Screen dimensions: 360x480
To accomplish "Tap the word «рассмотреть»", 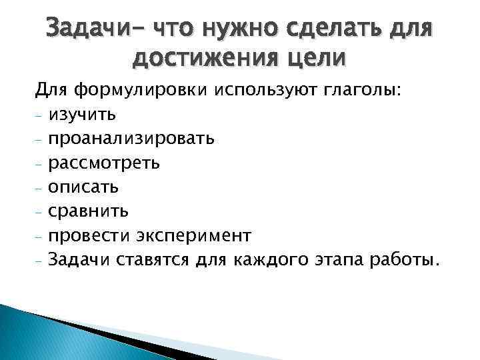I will [x=109, y=163].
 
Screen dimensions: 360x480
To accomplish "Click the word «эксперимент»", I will [x=193, y=235].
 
